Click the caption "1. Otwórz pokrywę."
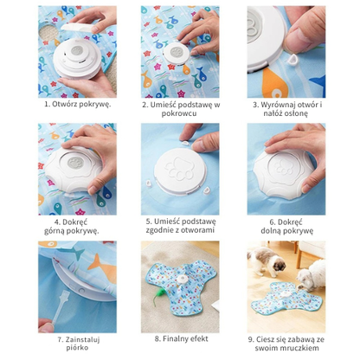click(x=77, y=104)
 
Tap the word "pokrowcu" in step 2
click(x=179, y=113)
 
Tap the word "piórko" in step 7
click(x=77, y=348)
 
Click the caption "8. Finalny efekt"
click(x=181, y=338)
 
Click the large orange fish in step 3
click(x=276, y=83)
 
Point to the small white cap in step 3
click(x=292, y=59)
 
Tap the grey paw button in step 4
click(x=76, y=163)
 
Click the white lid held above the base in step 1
click(x=78, y=28)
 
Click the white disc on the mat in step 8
click(x=183, y=279)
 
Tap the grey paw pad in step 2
click(x=177, y=52)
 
